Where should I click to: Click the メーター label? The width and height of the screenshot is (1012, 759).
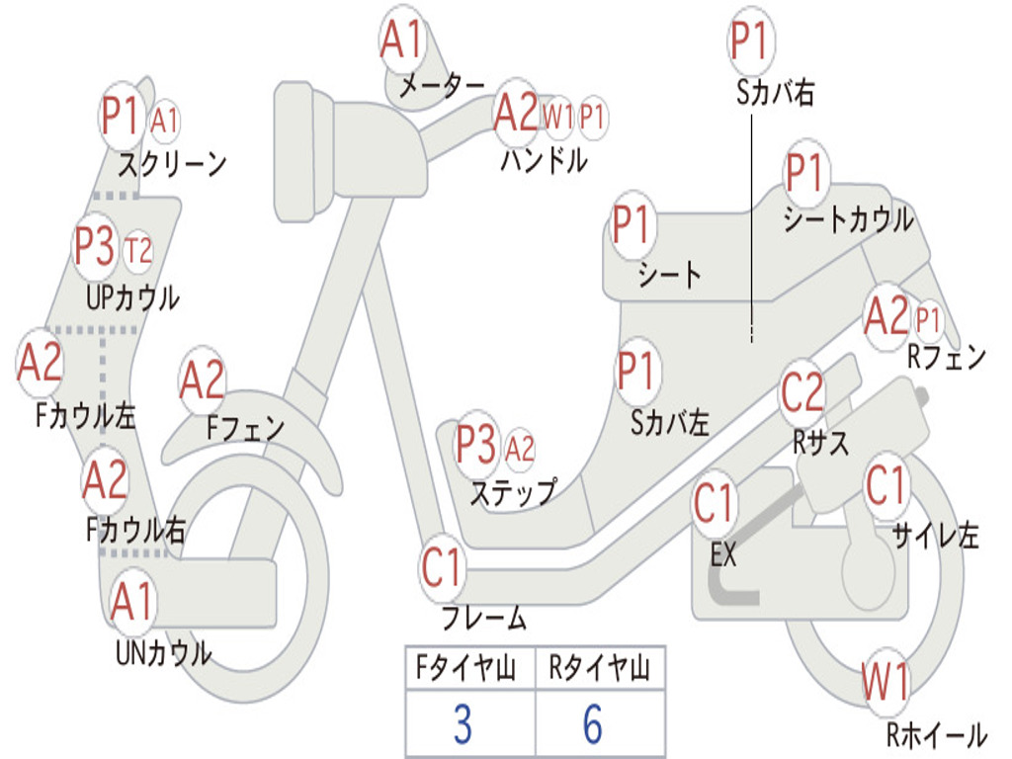[x=442, y=85]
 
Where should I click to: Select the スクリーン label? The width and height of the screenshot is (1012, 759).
[x=172, y=165]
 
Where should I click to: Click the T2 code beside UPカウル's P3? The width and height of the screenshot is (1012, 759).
[x=137, y=250]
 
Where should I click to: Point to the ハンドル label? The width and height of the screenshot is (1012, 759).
[x=545, y=160]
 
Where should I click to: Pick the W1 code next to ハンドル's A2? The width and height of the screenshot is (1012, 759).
[x=557, y=118]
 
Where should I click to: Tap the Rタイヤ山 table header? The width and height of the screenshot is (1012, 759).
[x=599, y=667]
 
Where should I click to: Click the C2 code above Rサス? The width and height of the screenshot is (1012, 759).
[x=802, y=391]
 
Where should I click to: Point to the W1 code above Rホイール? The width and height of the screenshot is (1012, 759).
[x=885, y=682]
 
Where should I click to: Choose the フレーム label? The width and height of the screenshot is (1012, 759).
[x=484, y=618]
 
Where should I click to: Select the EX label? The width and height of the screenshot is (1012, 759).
[x=722, y=554]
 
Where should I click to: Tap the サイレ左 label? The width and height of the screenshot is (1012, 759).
[x=935, y=535]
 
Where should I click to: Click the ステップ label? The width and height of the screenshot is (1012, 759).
[x=513, y=493]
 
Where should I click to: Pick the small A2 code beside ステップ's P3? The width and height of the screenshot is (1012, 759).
[x=520, y=449]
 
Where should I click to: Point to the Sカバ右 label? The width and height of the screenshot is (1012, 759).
[x=775, y=92]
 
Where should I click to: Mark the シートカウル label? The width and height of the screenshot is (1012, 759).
[x=849, y=219]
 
